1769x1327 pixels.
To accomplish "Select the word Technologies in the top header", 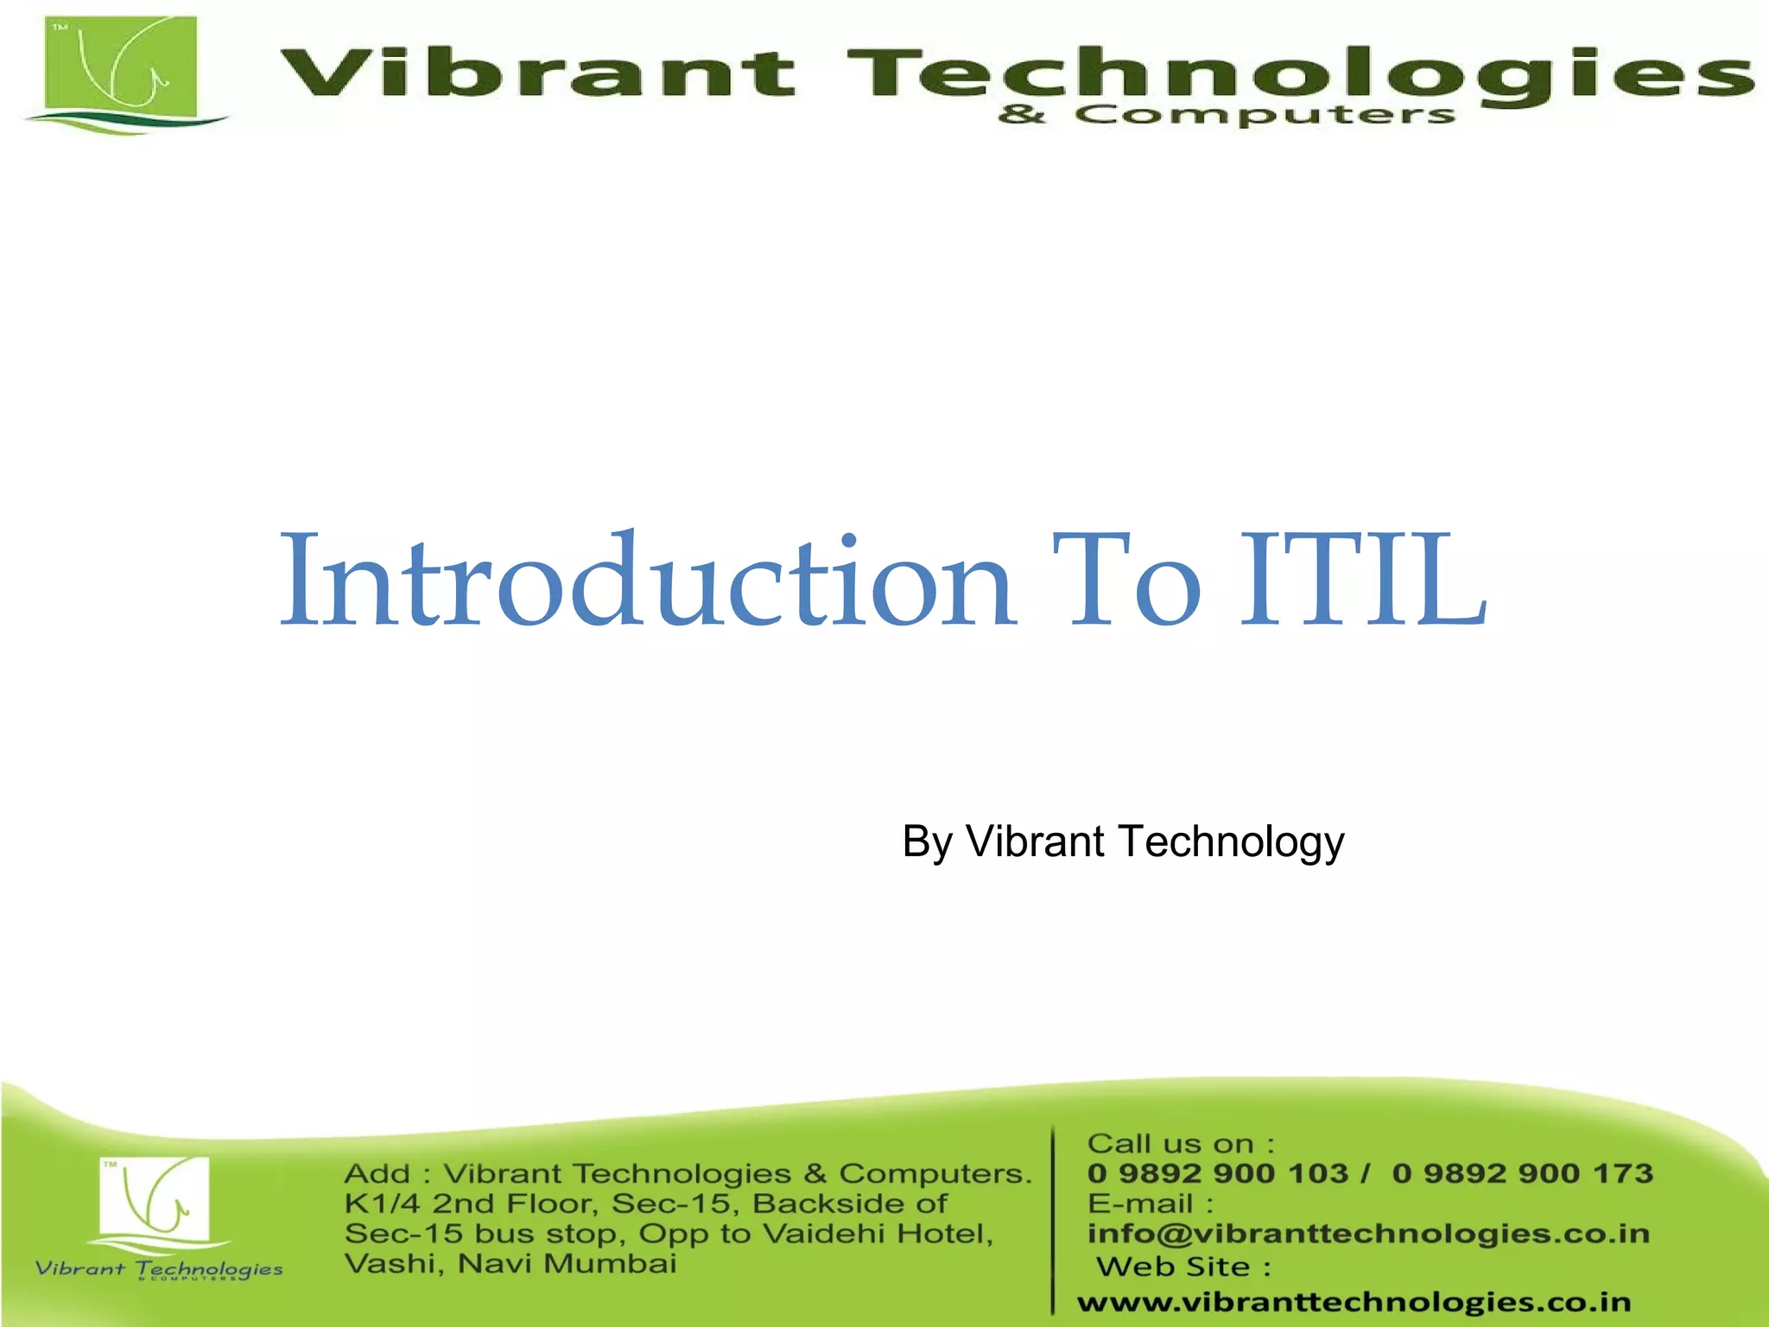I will pos(1299,74).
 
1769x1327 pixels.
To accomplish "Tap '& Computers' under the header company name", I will pos(1227,114).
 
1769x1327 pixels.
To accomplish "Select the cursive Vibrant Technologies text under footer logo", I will pos(159,1269).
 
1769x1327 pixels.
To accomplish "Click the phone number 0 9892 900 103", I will pos(1218,1173).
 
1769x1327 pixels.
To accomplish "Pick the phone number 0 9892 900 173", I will pos(1523,1173).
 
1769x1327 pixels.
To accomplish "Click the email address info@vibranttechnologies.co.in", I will pos(1368,1234).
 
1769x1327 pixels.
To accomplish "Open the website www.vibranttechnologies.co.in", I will pos(1354,1301).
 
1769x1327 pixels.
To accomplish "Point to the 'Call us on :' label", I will pos(1181,1144).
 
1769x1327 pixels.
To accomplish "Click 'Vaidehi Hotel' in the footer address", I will pos(878,1234).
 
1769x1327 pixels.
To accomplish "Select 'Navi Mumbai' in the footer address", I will pos(567,1264).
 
